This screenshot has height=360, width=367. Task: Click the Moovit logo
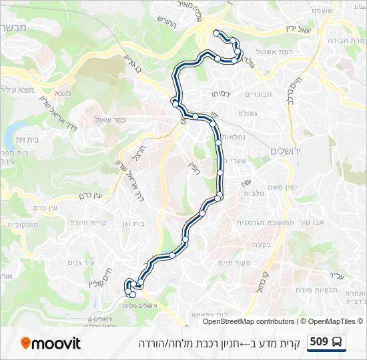51,343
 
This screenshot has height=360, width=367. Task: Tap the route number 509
319,342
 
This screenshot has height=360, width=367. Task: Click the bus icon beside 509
338,343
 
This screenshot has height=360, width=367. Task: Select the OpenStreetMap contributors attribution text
248,321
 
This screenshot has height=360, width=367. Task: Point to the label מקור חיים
235,262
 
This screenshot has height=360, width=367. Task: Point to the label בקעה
261,243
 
